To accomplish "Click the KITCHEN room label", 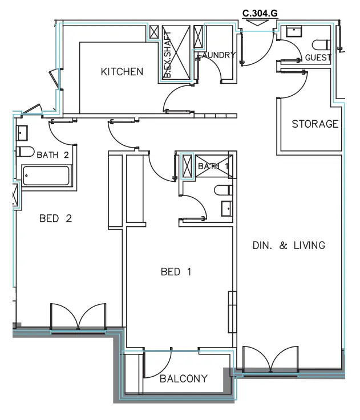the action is click(x=122, y=72).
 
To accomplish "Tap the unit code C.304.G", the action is click(x=260, y=13).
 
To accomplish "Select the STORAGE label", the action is click(x=315, y=124).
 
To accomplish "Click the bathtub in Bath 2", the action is click(x=46, y=176).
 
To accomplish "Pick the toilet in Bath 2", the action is click(x=25, y=152).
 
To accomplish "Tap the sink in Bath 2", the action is click(x=22, y=133).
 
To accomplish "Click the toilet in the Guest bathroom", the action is click(x=321, y=44).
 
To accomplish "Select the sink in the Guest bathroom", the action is click(x=294, y=31).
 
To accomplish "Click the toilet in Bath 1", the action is click(x=223, y=190).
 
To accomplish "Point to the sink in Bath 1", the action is click(x=227, y=209).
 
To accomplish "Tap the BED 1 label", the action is click(x=176, y=272).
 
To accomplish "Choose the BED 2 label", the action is click(x=55, y=219).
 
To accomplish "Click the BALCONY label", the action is click(x=184, y=379).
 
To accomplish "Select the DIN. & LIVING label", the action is click(x=289, y=246).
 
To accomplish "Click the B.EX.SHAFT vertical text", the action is click(x=167, y=54).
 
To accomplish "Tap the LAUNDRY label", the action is click(x=217, y=55).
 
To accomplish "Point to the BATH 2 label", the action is click(x=53, y=155).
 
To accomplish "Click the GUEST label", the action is click(x=318, y=58).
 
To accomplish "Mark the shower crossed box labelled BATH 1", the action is click(x=214, y=166).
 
